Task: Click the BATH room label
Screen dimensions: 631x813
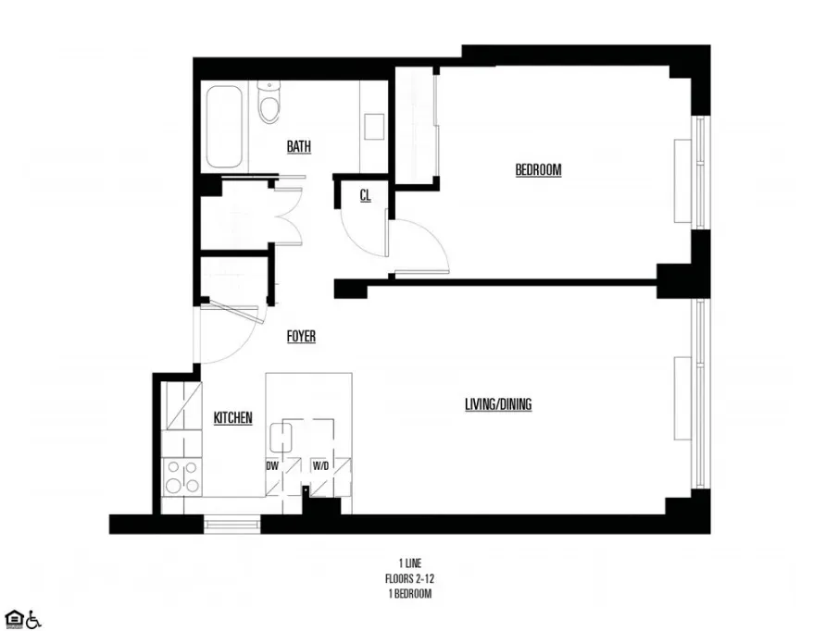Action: click(298, 146)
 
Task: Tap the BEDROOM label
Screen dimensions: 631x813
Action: click(538, 170)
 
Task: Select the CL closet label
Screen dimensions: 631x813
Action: click(366, 195)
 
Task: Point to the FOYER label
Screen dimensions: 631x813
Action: click(301, 337)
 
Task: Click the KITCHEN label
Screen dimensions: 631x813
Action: click(233, 418)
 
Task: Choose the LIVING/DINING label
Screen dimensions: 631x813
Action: click(498, 404)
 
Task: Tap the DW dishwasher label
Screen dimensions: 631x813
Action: click(273, 466)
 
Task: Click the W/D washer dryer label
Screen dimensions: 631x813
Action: click(319, 466)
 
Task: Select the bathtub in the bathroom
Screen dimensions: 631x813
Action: click(226, 126)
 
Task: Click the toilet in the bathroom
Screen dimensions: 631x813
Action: click(269, 104)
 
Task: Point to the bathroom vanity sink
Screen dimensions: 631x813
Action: click(373, 125)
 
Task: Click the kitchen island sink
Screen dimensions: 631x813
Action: click(281, 436)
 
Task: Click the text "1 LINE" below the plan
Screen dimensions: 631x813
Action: click(401, 563)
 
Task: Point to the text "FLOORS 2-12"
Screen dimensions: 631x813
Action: click(401, 578)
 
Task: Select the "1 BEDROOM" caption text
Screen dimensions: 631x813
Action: click(401, 594)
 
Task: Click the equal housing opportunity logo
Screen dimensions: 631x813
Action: click(13, 619)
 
